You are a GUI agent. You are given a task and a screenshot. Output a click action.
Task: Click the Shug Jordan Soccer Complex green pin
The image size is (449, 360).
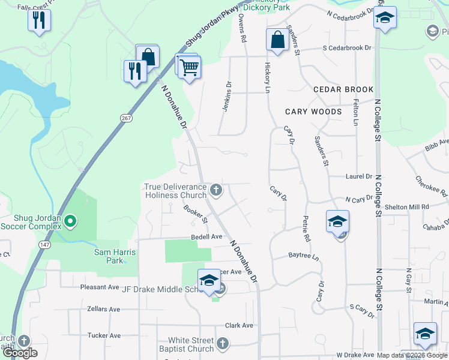click(70, 221)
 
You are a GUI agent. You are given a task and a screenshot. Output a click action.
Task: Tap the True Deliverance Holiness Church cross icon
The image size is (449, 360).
click(216, 191)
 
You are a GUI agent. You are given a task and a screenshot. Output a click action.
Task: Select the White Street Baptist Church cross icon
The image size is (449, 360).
click(222, 344)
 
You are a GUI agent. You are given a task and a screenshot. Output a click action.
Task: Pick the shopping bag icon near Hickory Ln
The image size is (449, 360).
click(277, 40)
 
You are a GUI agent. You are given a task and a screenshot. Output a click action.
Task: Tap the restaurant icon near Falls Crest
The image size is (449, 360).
click(39, 20)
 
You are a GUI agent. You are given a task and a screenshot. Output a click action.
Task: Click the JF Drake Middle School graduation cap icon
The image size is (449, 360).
click(209, 281)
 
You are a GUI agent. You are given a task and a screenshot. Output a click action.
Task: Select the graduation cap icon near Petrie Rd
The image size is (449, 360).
click(337, 221)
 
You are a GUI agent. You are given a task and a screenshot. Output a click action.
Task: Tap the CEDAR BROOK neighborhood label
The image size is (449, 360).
click(343, 89)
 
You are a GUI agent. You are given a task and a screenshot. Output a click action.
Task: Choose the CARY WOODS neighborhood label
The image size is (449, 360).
click(313, 112)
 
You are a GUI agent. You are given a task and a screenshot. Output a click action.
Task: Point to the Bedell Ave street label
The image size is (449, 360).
click(206, 237)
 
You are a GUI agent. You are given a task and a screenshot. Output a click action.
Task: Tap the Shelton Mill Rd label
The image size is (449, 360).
click(409, 206)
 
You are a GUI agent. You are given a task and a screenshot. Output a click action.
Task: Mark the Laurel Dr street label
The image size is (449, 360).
click(359, 176)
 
